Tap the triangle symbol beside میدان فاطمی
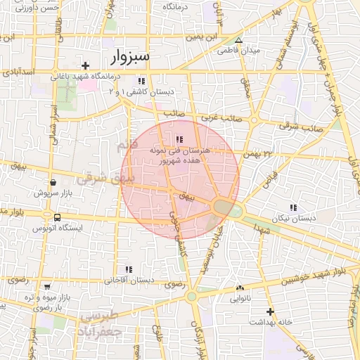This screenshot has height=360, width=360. tap(238, 40)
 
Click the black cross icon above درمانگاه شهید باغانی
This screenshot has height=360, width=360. tap(86, 65)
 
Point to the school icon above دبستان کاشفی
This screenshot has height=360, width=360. tap(142, 81)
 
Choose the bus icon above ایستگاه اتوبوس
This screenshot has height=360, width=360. tap(57, 217)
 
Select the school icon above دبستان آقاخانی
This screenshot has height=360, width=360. tap(128, 269)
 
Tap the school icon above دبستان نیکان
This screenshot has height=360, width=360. tap(292, 208)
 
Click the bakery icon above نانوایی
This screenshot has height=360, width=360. tap(240, 288)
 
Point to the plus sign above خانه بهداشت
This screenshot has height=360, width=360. tap(270, 311)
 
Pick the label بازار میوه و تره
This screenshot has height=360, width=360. tap(49, 297)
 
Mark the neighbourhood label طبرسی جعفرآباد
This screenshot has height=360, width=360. tap(102, 323)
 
